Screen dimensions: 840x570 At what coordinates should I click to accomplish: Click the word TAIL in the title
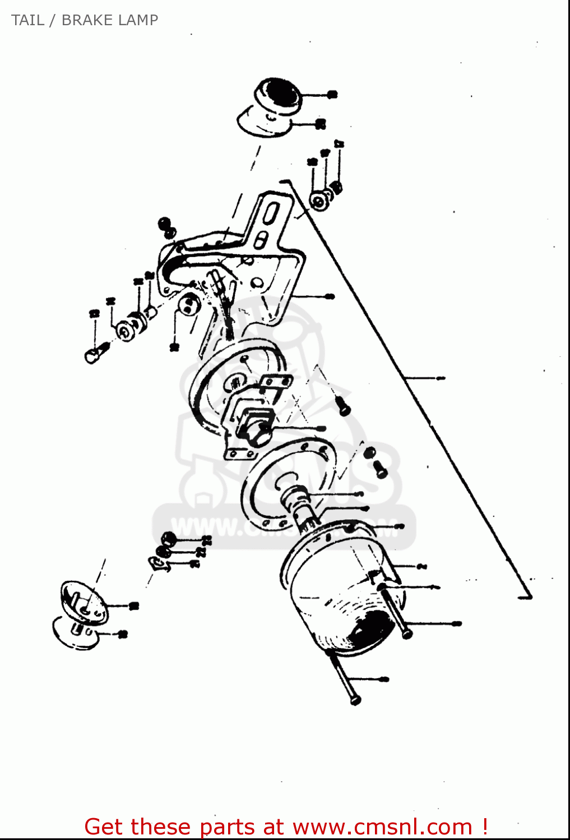click(x=27, y=20)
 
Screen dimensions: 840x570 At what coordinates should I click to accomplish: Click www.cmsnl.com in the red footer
click(x=382, y=827)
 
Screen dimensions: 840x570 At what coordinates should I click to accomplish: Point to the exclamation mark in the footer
click(x=484, y=827)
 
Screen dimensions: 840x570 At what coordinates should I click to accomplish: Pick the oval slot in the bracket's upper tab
click(x=272, y=215)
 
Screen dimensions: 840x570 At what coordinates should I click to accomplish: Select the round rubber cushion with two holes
click(x=189, y=305)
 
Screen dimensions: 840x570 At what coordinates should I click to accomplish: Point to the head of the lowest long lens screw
click(x=355, y=699)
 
